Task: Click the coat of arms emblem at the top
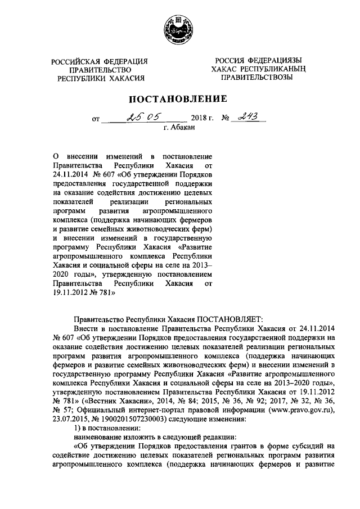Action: coord(180,28)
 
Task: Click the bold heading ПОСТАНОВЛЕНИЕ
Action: coord(179,100)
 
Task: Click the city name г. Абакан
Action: coord(179,129)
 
